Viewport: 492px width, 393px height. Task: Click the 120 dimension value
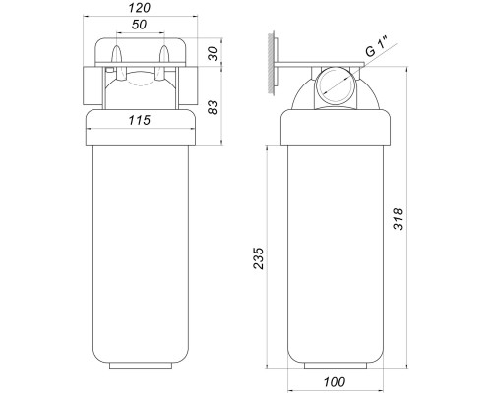140,8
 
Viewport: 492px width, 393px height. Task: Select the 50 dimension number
140,25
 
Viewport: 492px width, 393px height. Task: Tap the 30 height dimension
214,54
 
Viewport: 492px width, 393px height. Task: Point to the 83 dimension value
214,107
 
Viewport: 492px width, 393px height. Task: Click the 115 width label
140,120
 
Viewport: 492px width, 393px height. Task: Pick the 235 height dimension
259,258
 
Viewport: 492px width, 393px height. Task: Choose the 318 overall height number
399,219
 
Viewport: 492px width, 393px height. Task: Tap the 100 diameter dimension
335,382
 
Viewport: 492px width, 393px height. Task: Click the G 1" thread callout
378,48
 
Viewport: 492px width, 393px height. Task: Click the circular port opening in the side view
336,85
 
